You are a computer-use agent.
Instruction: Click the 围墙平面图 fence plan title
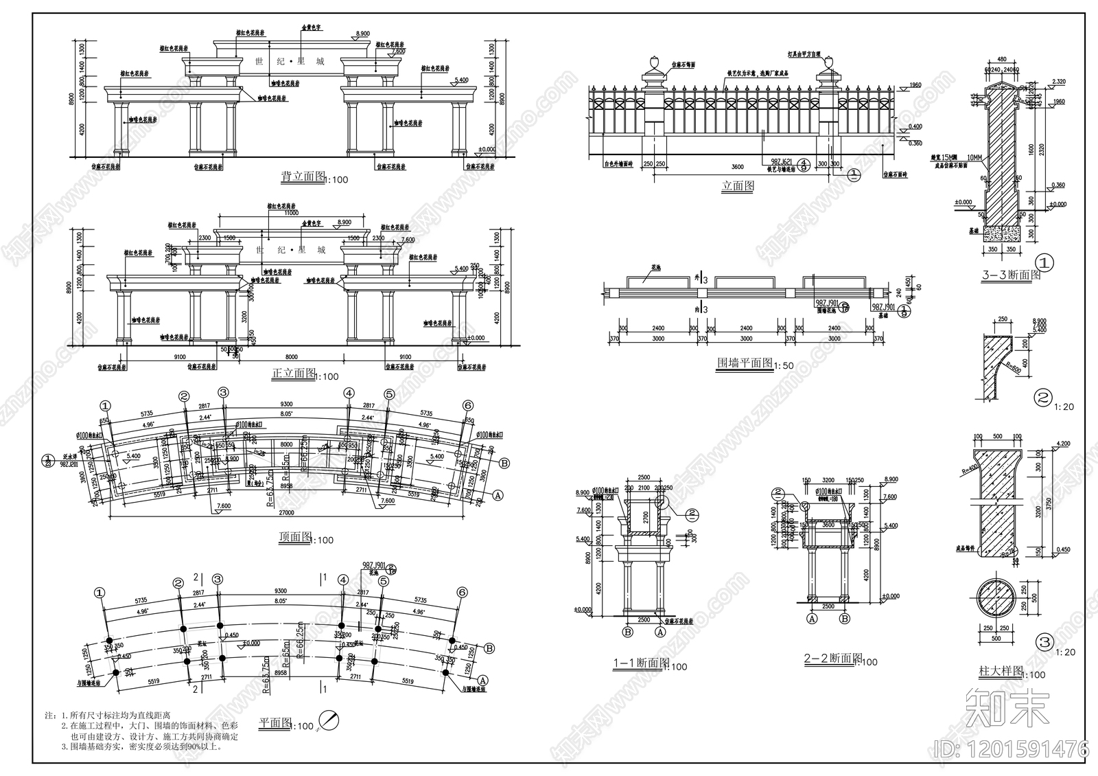point(744,363)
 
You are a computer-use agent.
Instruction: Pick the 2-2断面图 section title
point(832,659)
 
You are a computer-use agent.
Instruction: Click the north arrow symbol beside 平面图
point(331,721)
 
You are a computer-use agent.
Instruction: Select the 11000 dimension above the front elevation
point(279,214)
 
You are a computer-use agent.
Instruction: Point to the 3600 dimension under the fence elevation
point(737,167)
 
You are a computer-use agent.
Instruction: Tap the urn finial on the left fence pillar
point(653,65)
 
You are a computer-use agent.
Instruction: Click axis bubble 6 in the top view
point(468,405)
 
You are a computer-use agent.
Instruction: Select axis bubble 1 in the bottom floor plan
point(101,592)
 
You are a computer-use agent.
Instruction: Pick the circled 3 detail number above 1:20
point(1044,643)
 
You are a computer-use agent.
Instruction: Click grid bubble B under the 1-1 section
point(627,631)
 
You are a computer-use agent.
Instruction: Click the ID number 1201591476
point(1011,748)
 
